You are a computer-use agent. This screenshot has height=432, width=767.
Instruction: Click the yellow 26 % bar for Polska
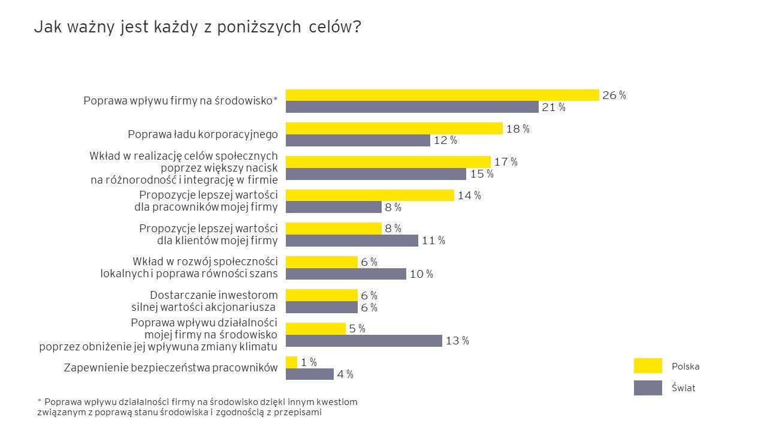[442, 95]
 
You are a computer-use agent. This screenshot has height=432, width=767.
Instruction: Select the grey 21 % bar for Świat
[412, 107]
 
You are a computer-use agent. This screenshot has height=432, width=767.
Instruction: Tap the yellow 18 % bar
[394, 128]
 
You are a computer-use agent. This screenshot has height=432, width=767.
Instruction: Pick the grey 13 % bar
[364, 341]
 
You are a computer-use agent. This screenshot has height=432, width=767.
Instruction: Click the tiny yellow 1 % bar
[291, 362]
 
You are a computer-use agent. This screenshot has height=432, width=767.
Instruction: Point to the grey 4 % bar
[309, 374]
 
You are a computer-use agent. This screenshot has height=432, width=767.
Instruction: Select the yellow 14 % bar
[370, 195]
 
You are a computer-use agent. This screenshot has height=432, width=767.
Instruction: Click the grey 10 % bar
[346, 274]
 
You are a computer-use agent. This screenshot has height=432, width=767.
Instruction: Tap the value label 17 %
[506, 162]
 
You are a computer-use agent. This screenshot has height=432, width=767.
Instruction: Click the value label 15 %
[482, 174]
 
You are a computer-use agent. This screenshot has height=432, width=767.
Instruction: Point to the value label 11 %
[433, 241]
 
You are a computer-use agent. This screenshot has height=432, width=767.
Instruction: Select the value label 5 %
[357, 329]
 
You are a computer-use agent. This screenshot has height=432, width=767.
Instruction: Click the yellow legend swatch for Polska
[648, 366]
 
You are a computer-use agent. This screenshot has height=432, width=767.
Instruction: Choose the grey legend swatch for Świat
[648, 388]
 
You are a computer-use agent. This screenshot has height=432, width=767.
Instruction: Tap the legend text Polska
[686, 367]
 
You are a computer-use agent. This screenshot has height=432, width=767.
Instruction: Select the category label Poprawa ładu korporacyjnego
[203, 134]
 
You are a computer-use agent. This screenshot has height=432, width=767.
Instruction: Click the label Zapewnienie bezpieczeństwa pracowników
[171, 368]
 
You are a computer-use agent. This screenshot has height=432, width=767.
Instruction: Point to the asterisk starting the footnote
[39, 401]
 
